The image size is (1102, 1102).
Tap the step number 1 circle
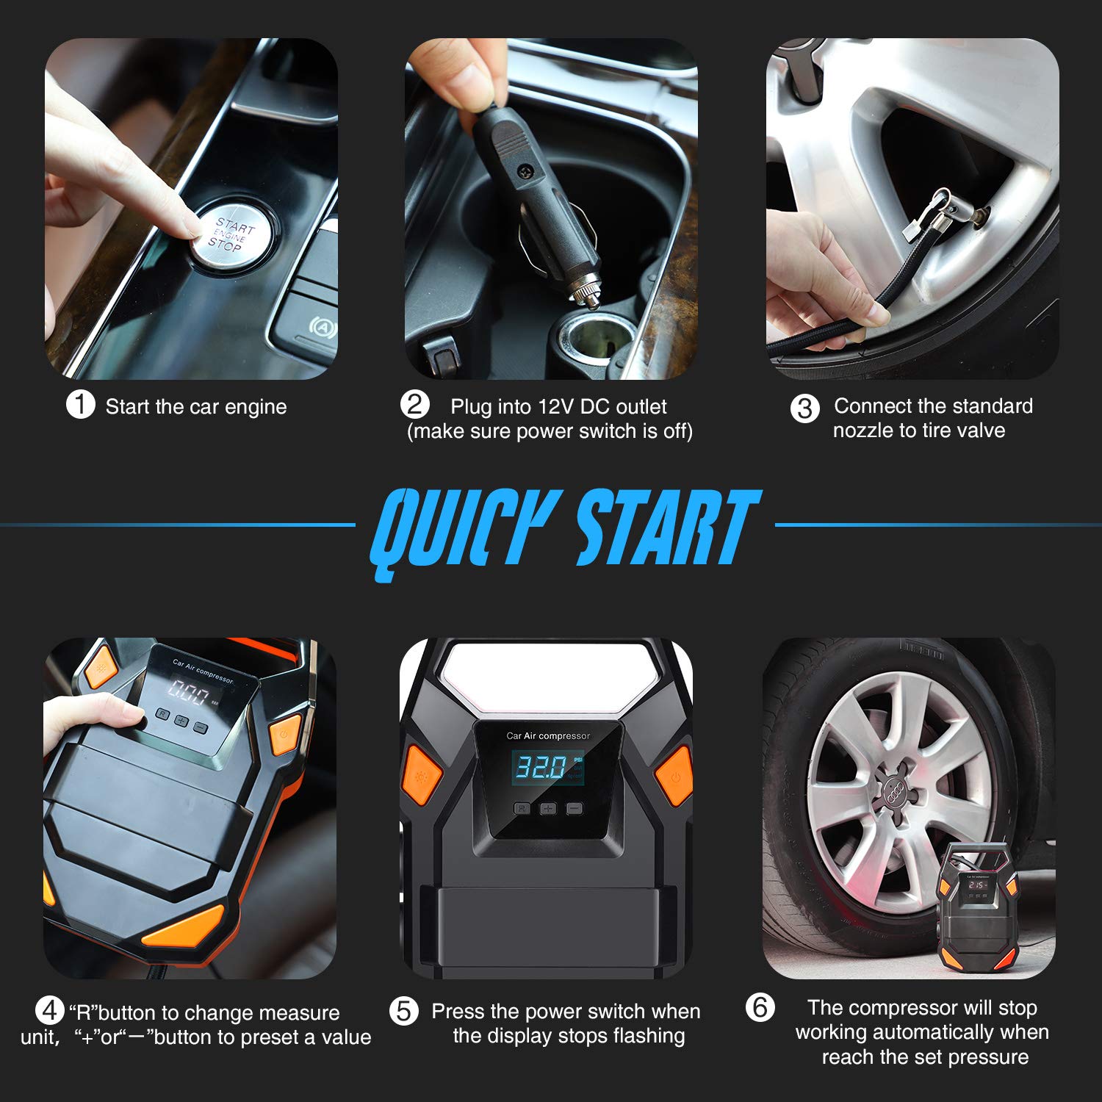(x=81, y=405)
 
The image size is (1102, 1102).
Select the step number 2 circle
(x=415, y=405)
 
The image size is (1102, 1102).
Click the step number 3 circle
(x=804, y=408)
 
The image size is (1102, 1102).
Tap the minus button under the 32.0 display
(x=575, y=809)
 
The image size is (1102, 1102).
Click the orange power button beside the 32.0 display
(x=674, y=775)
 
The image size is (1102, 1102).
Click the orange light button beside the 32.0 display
(x=422, y=775)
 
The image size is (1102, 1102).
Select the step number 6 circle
(x=760, y=1007)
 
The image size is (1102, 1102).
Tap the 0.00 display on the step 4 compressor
(x=190, y=691)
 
